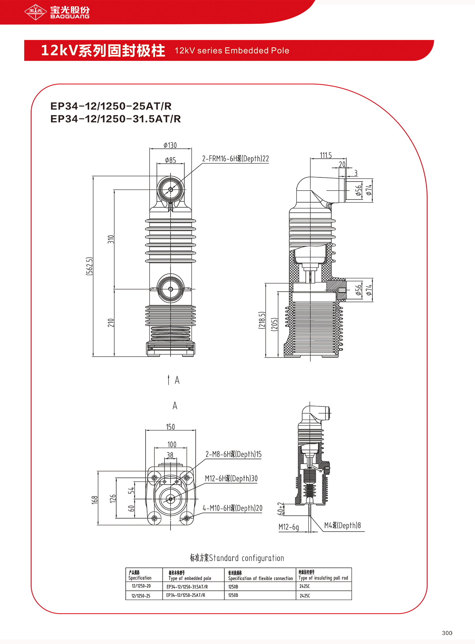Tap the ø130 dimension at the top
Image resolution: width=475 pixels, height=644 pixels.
coord(170,146)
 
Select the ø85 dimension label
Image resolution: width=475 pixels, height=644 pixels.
coord(170,160)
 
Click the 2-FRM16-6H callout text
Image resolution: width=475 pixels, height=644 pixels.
coord(235,159)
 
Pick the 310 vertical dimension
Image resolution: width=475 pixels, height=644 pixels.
coord(111,239)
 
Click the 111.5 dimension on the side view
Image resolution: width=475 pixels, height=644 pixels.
coord(325,155)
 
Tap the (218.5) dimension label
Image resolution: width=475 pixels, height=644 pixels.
coord(262,320)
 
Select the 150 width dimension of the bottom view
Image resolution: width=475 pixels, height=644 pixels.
coord(170,427)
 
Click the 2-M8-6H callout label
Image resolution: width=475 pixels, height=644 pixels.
coord(233,454)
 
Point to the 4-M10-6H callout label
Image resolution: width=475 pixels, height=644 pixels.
coord(232,508)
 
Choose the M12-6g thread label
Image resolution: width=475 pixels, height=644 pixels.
coord(289,527)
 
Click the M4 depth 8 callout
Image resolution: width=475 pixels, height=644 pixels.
coord(342,525)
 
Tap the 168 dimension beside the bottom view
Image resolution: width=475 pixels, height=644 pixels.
coord(95,500)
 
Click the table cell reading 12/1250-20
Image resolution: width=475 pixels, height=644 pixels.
coord(141,586)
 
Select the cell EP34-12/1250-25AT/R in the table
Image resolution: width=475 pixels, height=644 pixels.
coord(186,595)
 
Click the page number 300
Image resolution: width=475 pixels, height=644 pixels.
coord(447,633)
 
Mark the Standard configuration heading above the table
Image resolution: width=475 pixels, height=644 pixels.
coord(237,558)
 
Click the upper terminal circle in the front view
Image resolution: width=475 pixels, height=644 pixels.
coord(170,190)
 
